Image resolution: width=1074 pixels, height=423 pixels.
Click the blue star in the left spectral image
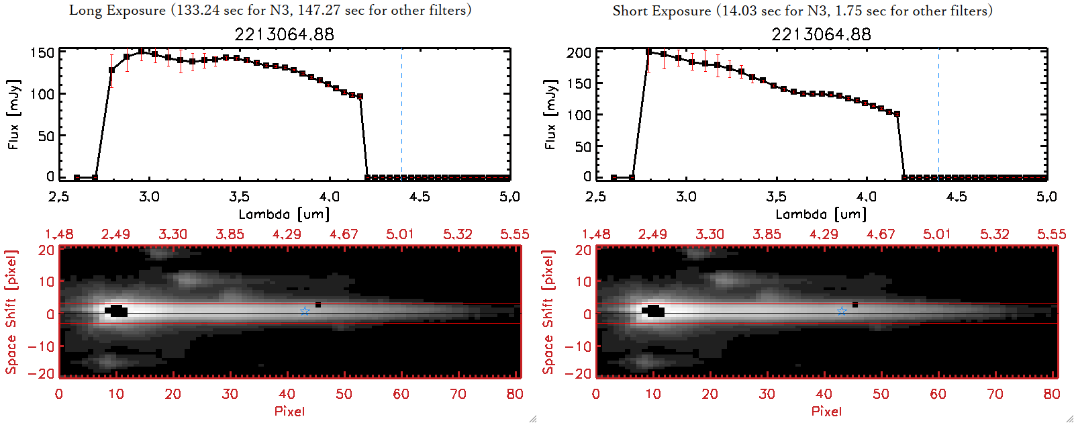click(x=305, y=311)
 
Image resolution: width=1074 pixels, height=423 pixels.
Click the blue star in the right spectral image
click(x=842, y=311)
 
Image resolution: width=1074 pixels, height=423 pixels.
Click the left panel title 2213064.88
click(x=284, y=34)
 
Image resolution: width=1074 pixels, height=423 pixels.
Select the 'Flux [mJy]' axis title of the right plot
click(x=550, y=114)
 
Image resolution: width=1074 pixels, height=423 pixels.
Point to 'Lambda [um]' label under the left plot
click(x=284, y=214)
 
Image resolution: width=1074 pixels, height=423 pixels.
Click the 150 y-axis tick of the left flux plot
click(x=42, y=52)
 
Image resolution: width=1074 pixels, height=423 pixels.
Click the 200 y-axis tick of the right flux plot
click(x=579, y=52)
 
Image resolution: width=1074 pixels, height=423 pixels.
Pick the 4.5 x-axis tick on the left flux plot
click(x=420, y=197)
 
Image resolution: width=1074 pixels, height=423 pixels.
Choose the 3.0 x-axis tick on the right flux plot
click(x=686, y=197)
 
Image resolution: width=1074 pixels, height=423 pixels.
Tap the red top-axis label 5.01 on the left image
click(x=400, y=234)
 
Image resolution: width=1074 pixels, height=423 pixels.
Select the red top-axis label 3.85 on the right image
click(x=767, y=234)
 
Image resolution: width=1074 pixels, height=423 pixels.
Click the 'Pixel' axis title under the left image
click(x=289, y=411)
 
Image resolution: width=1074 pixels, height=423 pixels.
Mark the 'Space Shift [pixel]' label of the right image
click(x=548, y=312)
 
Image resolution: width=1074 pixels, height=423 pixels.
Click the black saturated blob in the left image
click(x=117, y=311)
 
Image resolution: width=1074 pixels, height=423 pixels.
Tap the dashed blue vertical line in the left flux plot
click(x=401, y=114)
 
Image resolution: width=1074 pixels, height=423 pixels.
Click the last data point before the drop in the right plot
click(x=897, y=114)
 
